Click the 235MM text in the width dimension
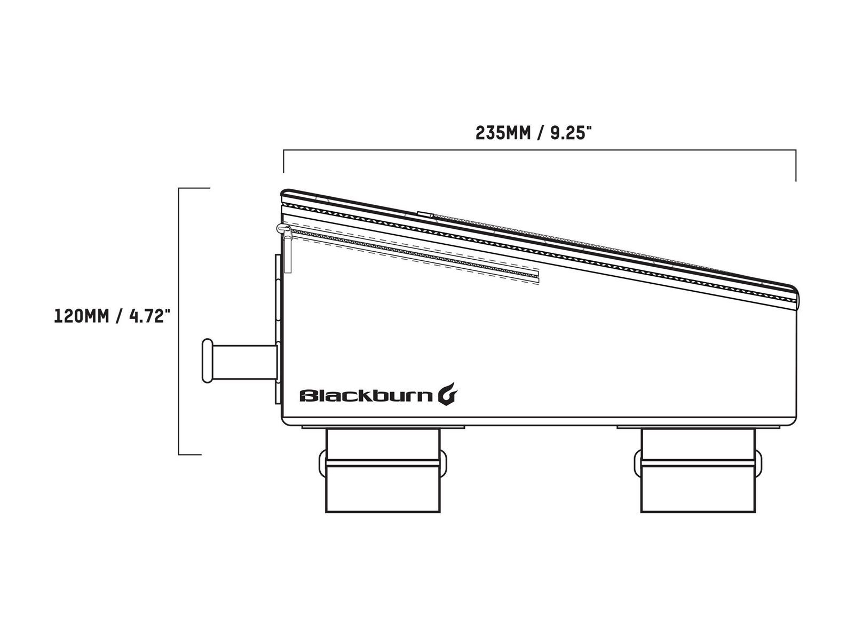(x=503, y=133)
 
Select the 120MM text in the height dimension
(x=82, y=316)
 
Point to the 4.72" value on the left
(x=150, y=316)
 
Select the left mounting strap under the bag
(x=383, y=470)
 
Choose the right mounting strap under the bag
(x=698, y=470)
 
